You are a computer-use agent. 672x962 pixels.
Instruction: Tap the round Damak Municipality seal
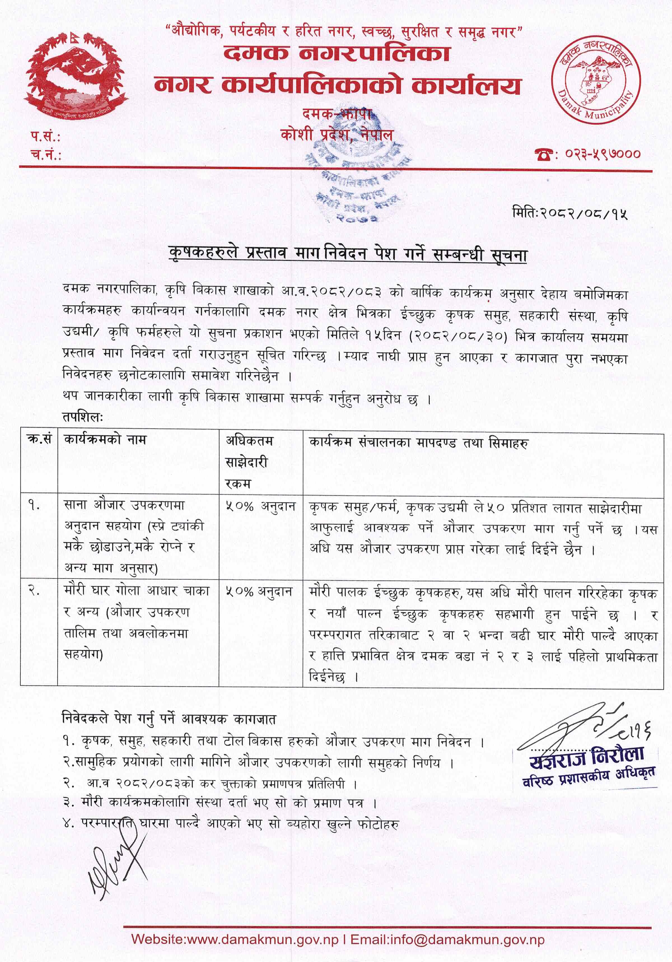(x=595, y=80)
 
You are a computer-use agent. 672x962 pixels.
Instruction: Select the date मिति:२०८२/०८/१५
(x=570, y=214)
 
